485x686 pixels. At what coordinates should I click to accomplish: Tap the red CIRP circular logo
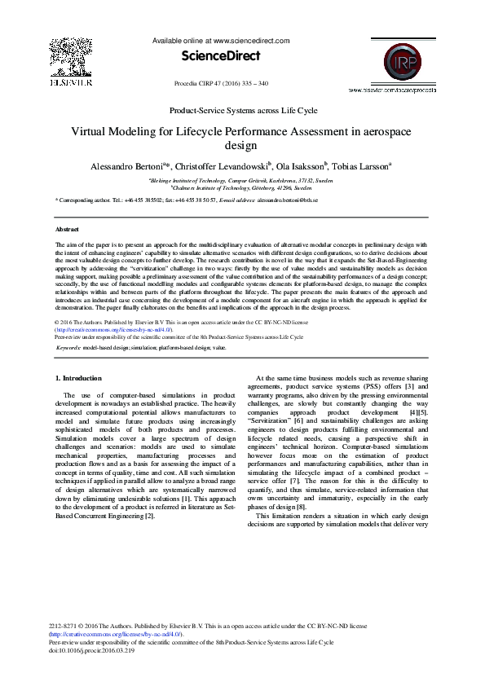tap(393, 59)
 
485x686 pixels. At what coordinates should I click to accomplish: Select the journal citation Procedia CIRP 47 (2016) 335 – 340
tap(222, 84)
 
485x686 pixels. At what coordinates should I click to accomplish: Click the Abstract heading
tap(67, 231)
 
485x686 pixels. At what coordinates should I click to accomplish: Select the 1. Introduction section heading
tap(78, 378)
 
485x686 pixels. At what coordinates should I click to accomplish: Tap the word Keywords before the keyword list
tap(70, 348)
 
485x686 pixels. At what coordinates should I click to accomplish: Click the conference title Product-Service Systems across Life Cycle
tap(242, 110)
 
